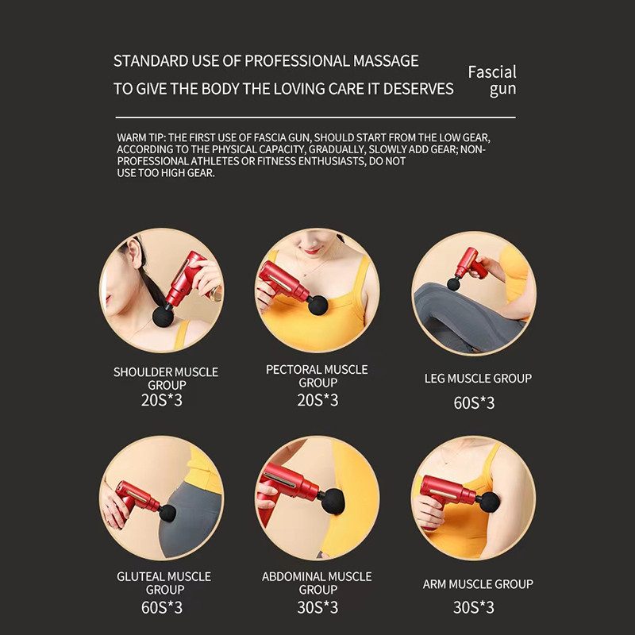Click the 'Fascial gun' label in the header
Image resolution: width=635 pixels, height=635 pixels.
click(492, 81)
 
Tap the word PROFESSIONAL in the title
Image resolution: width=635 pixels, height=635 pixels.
click(297, 61)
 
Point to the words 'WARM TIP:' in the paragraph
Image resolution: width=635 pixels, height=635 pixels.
click(141, 137)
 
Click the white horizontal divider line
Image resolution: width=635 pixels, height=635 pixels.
click(315, 117)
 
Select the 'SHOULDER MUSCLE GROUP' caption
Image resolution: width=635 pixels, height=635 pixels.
click(166, 379)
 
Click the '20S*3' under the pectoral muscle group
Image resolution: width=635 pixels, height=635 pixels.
click(317, 400)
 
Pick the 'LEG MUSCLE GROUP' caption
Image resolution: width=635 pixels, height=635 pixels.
click(478, 379)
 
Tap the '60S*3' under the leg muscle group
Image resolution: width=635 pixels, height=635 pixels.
click(474, 403)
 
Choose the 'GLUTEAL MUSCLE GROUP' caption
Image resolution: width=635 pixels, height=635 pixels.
click(164, 583)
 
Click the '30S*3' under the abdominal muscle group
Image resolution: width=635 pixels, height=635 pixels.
click(317, 607)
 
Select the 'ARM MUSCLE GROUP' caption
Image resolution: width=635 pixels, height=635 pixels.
click(478, 584)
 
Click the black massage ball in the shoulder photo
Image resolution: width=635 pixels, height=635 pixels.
click(163, 317)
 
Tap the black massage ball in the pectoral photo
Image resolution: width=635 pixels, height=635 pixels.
click(318, 305)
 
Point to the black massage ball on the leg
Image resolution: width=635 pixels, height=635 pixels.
click(453, 283)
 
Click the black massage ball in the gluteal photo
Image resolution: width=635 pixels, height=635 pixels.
click(167, 513)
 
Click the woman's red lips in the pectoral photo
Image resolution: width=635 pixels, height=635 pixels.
click(312, 252)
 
